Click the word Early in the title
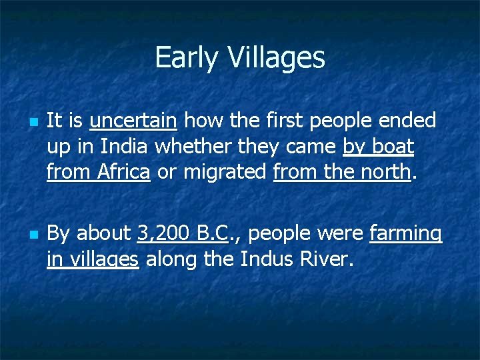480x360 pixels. (187, 58)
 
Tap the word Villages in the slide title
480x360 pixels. (276, 58)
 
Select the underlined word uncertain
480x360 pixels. (133, 121)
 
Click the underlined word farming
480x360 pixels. (405, 233)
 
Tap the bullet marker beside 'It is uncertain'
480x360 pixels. (33, 123)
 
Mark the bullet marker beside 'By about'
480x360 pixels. (33, 235)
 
